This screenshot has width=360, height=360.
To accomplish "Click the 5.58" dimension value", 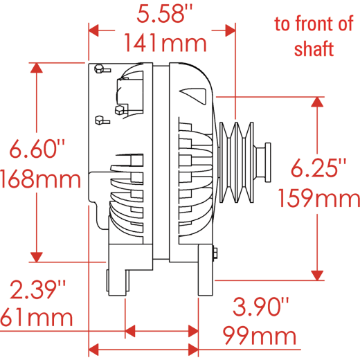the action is pos(164,15).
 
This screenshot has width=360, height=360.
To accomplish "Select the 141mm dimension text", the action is pos(165,44).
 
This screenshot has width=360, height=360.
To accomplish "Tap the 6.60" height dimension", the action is pos(37,149).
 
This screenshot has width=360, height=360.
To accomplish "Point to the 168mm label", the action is pos(41,179).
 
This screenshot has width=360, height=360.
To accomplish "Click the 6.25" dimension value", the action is pos(318,168).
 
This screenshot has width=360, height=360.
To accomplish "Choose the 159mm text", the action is pos(319,198).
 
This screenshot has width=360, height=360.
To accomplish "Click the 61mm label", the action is pos(37,318).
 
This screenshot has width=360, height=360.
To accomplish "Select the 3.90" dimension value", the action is pos(261,307).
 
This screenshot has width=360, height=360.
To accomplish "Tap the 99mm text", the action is pos(260,336).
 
